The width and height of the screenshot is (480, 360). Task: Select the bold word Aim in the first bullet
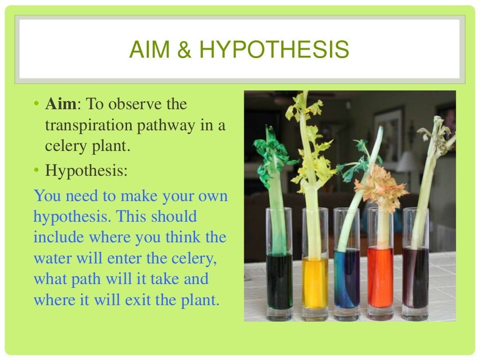[60, 104]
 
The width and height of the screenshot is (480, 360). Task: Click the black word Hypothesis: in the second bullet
[86, 171]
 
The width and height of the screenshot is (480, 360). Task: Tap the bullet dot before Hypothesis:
[37, 171]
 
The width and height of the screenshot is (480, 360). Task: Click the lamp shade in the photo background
[407, 162]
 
